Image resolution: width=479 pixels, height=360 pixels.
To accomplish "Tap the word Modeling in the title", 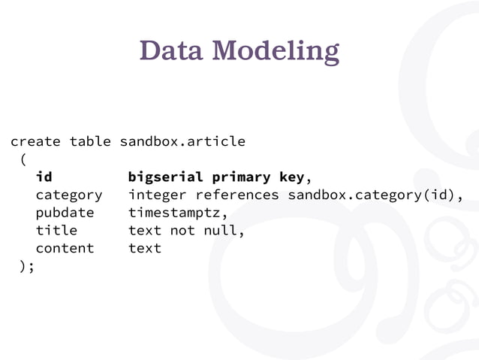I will (x=276, y=52).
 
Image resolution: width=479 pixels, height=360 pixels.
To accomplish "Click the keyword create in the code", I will (x=36, y=141).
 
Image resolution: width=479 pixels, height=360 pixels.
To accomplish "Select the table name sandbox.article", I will (x=182, y=141).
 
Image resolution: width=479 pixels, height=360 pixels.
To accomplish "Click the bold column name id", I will (x=44, y=177).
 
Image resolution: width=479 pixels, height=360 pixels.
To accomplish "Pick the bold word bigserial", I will (x=165, y=177).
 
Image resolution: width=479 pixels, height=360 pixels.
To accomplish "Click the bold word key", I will (x=291, y=178).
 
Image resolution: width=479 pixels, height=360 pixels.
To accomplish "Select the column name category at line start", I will (x=69, y=195).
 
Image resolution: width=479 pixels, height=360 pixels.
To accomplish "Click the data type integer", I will (x=158, y=195).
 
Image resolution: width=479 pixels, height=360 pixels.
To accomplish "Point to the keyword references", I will (x=237, y=195).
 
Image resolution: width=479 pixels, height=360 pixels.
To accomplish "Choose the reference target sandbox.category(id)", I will (x=371, y=195).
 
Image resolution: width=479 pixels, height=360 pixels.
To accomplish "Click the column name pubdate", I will (x=65, y=213).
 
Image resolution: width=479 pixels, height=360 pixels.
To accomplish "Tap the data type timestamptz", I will (x=174, y=213).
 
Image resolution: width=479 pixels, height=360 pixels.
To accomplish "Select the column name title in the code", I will (x=56, y=230).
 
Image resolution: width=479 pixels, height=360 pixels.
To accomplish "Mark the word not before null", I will (x=182, y=230).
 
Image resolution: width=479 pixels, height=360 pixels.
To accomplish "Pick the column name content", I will (x=65, y=248).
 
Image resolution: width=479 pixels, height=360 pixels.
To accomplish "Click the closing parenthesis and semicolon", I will (x=27, y=266).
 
